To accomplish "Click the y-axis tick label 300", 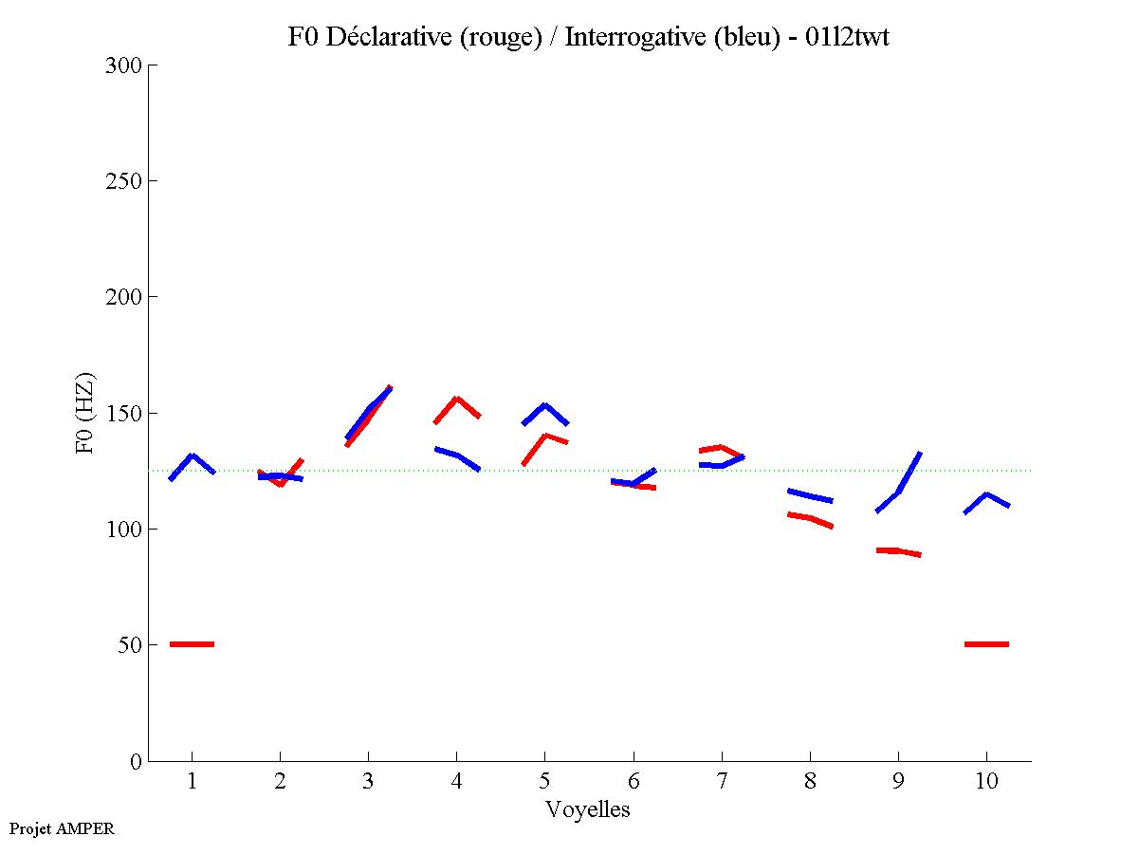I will click(124, 65).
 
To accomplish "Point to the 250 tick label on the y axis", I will click(124, 181).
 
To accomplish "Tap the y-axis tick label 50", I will click(130, 645).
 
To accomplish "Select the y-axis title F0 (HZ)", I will click(86, 413).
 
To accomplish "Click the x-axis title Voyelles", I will click(588, 809).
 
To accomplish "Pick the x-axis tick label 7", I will click(722, 782).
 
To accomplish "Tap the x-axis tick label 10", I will click(986, 782).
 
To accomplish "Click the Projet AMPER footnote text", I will click(62, 828).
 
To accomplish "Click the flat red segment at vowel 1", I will click(193, 644).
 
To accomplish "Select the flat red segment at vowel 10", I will click(986, 644).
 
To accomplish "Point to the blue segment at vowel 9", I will click(899, 491).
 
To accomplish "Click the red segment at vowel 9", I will click(898, 550).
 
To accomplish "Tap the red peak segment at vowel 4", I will click(457, 400).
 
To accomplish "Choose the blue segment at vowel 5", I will click(545, 406).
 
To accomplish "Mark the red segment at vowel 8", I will click(810, 518).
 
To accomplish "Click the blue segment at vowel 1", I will click(193, 456).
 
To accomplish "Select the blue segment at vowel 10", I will click(986, 494).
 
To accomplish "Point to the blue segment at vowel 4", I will click(457, 455).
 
